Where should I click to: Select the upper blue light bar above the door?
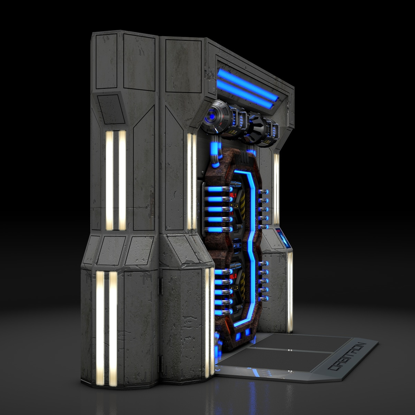pyautogui.click(x=248, y=84)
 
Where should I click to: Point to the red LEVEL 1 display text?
pyautogui.click(x=233, y=196)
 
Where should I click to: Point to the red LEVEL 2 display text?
pyautogui.click(x=233, y=276)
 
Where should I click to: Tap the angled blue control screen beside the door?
pyautogui.click(x=283, y=239)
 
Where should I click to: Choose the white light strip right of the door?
pyautogui.click(x=276, y=188)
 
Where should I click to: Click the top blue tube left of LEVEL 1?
pyautogui.click(x=217, y=189)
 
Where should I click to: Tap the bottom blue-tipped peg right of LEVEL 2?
pyautogui.click(x=264, y=298)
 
